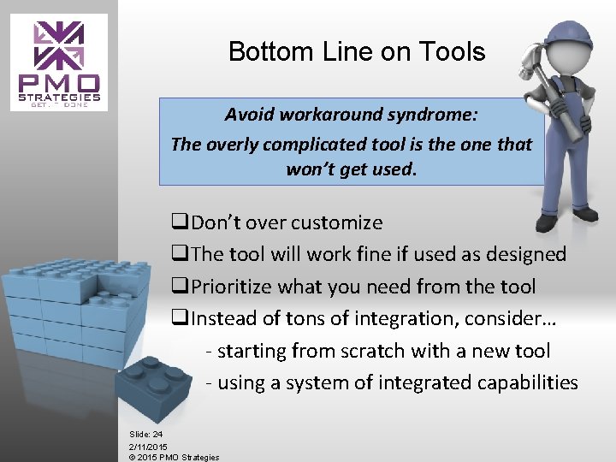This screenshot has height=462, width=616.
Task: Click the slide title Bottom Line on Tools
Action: click(356, 52)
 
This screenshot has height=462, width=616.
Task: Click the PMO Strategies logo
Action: click(59, 61)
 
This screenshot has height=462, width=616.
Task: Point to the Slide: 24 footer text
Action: click(145, 435)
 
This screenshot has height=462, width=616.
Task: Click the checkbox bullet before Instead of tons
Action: click(180, 319)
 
